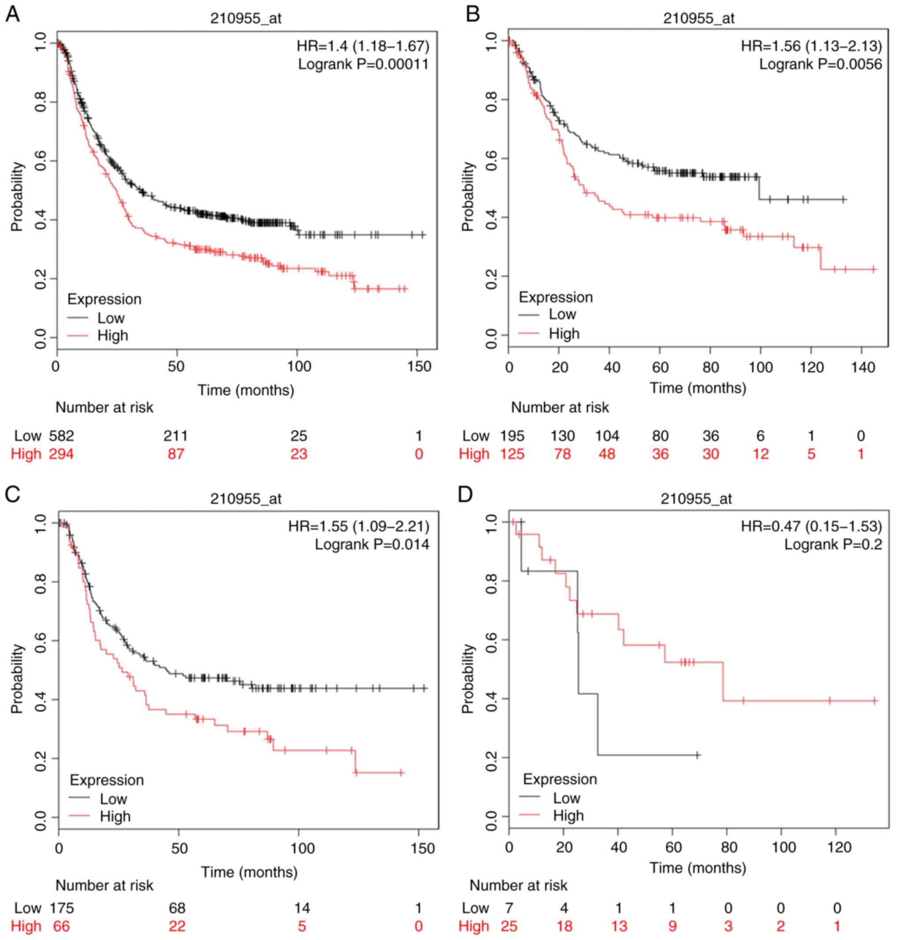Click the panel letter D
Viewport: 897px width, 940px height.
pyautogui.click(x=465, y=495)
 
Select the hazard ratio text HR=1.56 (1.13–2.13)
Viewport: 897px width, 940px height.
pyautogui.click(x=811, y=46)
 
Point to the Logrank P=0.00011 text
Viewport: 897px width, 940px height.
pyautogui.click(x=363, y=64)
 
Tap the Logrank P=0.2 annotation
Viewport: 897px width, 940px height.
pyautogui.click(x=833, y=544)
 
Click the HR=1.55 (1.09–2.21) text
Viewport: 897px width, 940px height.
pyautogui.click(x=358, y=526)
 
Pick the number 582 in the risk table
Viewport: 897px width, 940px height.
pyautogui.click(x=61, y=436)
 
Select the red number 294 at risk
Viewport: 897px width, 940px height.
pyautogui.click(x=61, y=454)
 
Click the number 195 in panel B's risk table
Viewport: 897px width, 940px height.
pyautogui.click(x=512, y=436)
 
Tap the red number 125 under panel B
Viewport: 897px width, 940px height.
pyautogui.click(x=512, y=454)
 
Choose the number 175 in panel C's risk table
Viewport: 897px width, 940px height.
pyautogui.click(x=61, y=908)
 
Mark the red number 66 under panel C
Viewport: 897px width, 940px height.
pyautogui.click(x=61, y=926)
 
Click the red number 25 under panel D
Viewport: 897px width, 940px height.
pyautogui.click(x=509, y=926)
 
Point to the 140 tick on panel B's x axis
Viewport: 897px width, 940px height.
pyautogui.click(x=863, y=368)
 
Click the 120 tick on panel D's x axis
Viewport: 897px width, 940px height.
pyautogui.click(x=839, y=848)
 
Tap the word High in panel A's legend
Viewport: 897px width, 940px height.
pyautogui.click(x=113, y=335)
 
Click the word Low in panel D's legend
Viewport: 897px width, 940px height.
pyautogui.click(x=567, y=798)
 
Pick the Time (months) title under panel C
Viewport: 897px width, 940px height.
pyautogui.click(x=249, y=872)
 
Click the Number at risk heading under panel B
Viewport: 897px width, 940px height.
pyautogui.click(x=560, y=408)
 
